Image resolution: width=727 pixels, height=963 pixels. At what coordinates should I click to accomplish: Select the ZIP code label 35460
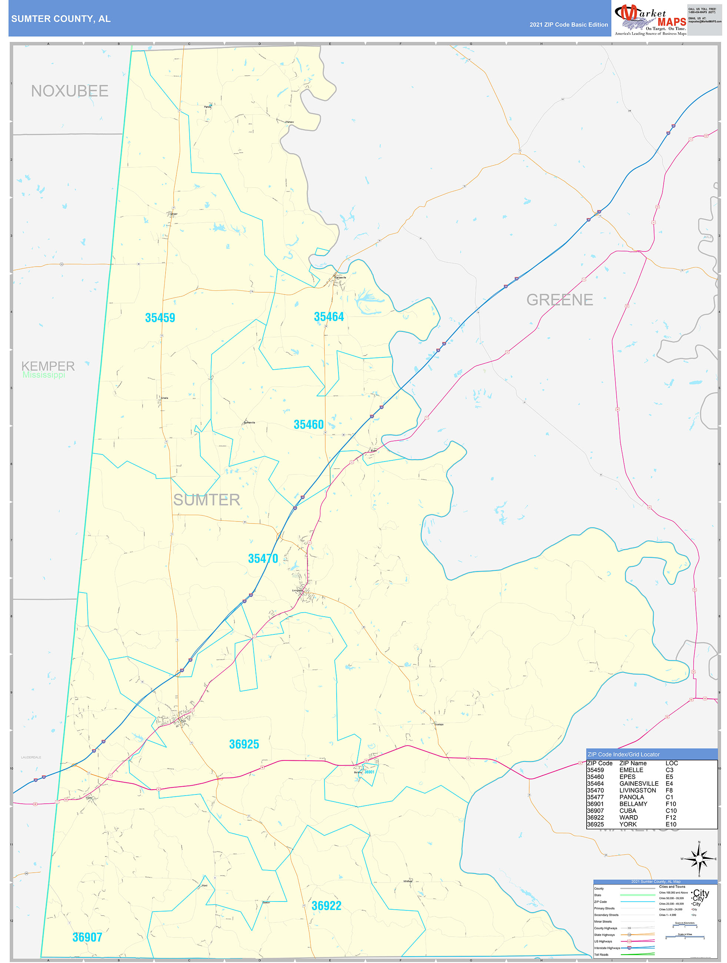pyautogui.click(x=309, y=424)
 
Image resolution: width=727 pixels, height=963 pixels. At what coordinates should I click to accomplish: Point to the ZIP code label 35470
pyautogui.click(x=263, y=559)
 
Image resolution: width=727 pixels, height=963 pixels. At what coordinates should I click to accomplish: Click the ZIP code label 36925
pyautogui.click(x=244, y=744)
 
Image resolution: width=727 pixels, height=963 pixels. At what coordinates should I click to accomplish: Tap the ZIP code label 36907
pyautogui.click(x=87, y=937)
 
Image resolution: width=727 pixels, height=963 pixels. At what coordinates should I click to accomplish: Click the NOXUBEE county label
pyautogui.click(x=70, y=91)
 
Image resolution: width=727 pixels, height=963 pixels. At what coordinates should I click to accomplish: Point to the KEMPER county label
pyautogui.click(x=48, y=366)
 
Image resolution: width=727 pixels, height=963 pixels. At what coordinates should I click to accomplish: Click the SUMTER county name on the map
pyautogui.click(x=207, y=500)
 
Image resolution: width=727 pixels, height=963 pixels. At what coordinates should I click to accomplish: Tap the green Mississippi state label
pyautogui.click(x=44, y=375)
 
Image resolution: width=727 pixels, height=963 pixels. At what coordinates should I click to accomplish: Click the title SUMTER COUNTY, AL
pyautogui.click(x=61, y=19)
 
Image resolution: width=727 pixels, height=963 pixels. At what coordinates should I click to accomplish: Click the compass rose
pyautogui.click(x=699, y=859)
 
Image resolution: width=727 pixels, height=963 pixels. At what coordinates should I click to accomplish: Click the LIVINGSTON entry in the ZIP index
pyautogui.click(x=637, y=790)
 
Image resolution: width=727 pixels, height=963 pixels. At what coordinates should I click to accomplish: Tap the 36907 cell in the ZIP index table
pyautogui.click(x=595, y=811)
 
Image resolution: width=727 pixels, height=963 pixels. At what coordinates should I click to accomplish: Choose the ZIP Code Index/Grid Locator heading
pyautogui.click(x=623, y=754)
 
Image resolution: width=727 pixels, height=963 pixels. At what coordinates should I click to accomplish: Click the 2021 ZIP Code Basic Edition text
pyautogui.click(x=568, y=25)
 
